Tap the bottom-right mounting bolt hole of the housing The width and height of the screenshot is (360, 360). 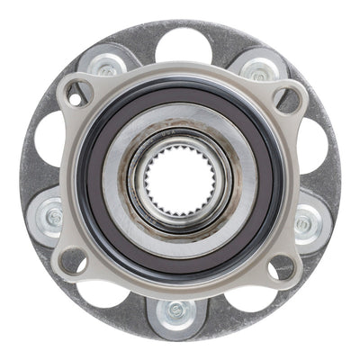[283, 265]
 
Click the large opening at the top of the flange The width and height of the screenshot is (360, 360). [182, 45]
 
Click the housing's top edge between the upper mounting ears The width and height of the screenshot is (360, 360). [181, 70]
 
